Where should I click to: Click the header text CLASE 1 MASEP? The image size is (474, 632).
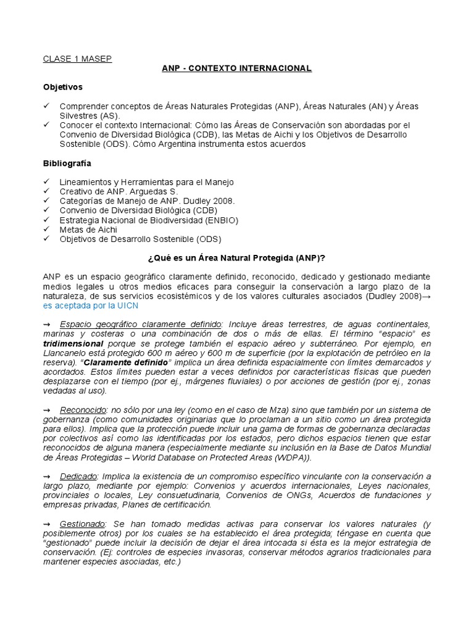tap(77, 59)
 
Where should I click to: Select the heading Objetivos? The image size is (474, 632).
tap(62, 87)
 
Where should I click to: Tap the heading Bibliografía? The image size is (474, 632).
tap(67, 163)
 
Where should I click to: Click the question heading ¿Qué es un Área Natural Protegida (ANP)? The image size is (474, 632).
tap(237, 257)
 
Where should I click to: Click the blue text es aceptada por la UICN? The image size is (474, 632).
tap(90, 306)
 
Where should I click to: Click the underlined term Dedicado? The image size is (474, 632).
tap(78, 476)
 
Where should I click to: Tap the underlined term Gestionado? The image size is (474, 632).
tap(83, 524)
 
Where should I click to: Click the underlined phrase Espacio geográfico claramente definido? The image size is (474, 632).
tap(141, 324)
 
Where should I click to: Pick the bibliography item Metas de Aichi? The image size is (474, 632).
tap(88, 230)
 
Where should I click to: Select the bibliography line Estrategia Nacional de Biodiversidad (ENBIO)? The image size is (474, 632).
tap(149, 220)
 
